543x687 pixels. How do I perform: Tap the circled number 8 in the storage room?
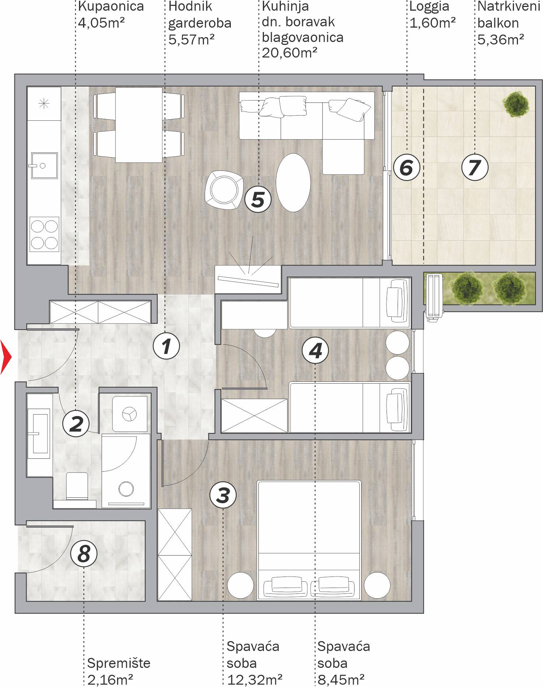[x=84, y=553]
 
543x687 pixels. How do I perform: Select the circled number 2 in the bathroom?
[x=76, y=423]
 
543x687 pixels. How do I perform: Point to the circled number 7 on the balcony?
[x=475, y=167]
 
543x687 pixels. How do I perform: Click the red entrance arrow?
[x=6, y=357]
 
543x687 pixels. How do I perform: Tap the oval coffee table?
[x=293, y=183]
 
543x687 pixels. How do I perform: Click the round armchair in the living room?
[x=224, y=190]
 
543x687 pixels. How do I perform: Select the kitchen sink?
[x=44, y=166]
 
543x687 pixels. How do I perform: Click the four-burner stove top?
[x=44, y=234]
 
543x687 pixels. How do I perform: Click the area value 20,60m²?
[x=289, y=53]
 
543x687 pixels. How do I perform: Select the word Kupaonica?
[x=111, y=6]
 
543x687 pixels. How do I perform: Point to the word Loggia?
[x=429, y=7]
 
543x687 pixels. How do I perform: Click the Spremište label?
[x=119, y=663]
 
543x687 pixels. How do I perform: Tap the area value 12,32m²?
[x=254, y=680]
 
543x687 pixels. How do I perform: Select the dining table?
[x=139, y=125]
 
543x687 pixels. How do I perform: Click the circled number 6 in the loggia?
[x=406, y=167]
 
